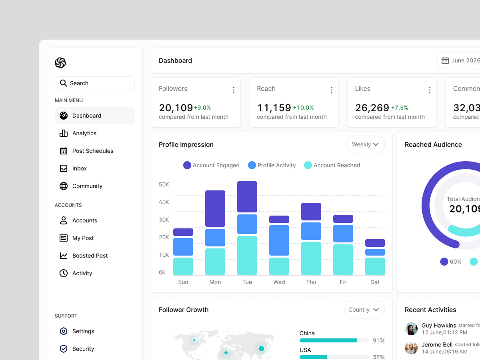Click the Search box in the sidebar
pyautogui.click(x=95, y=83)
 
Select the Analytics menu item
pyautogui.click(x=84, y=133)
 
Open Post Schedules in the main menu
pyautogui.click(x=92, y=151)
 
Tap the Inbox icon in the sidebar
pyautogui.click(x=64, y=168)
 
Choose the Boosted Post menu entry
pyautogui.click(x=90, y=256)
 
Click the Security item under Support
pyautogui.click(x=83, y=349)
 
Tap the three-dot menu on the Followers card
pyautogui.click(x=234, y=90)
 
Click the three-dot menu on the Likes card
pyautogui.click(x=430, y=90)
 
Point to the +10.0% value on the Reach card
pyautogui.click(x=303, y=108)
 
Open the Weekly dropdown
pyautogui.click(x=365, y=144)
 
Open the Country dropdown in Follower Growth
pyautogui.click(x=364, y=310)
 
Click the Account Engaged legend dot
pyautogui.click(x=187, y=165)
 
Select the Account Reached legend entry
pyautogui.click(x=332, y=165)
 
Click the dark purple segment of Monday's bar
pyautogui.click(x=215, y=208)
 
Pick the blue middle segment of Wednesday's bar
pyautogui.click(x=279, y=240)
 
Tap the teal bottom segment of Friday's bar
pyautogui.click(x=343, y=259)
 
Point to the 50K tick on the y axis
pyautogui.click(x=164, y=184)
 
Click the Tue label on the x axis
pyautogui.click(x=247, y=282)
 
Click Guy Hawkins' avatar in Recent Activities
pyautogui.click(x=411, y=329)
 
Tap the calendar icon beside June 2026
pyautogui.click(x=445, y=60)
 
